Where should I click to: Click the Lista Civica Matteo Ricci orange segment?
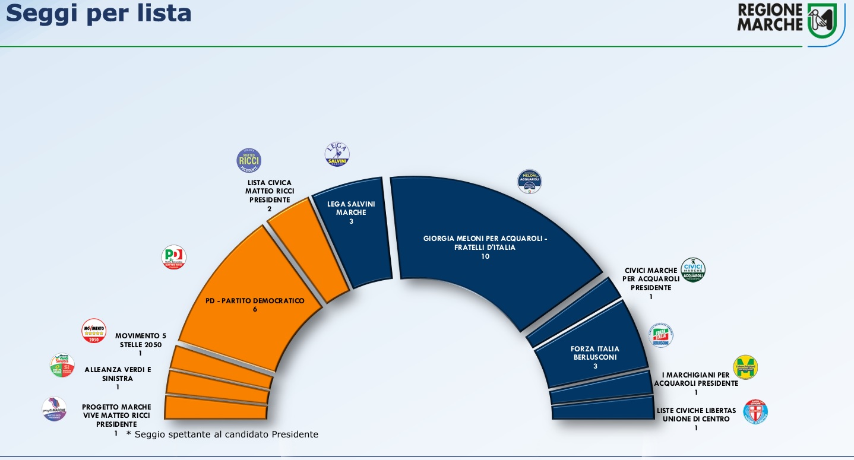click(x=306, y=249)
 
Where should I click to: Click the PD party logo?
click(x=174, y=257)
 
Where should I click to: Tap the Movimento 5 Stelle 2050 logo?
click(x=94, y=331)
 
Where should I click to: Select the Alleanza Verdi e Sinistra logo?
click(x=62, y=366)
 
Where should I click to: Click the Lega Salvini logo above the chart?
click(x=337, y=154)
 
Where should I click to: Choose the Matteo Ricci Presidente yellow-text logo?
click(x=249, y=160)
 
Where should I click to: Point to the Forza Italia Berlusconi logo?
click(x=661, y=336)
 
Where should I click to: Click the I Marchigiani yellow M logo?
click(x=745, y=367)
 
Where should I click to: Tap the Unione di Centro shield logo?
click(x=755, y=411)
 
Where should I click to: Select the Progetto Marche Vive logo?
click(x=54, y=409)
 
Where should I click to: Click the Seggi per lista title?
click(x=99, y=13)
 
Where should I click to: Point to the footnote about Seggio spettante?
click(x=223, y=434)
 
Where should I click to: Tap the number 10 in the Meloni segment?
click(x=485, y=256)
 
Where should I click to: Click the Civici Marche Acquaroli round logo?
click(x=692, y=270)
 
